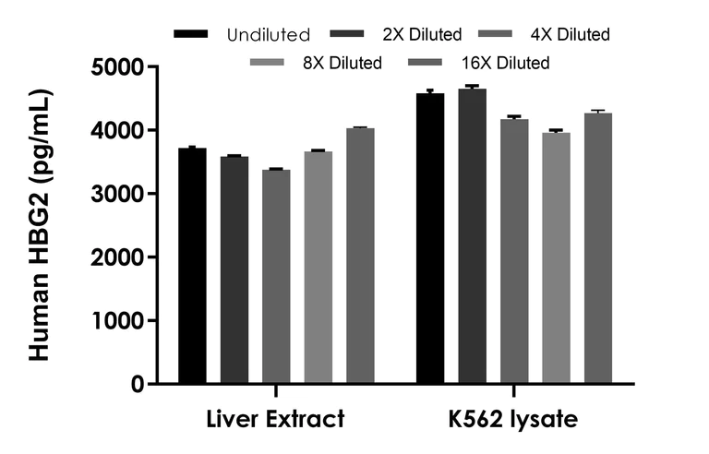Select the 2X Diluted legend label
[422, 35]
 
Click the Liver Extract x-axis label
[275, 420]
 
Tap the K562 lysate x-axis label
[514, 420]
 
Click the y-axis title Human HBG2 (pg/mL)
[41, 226]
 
